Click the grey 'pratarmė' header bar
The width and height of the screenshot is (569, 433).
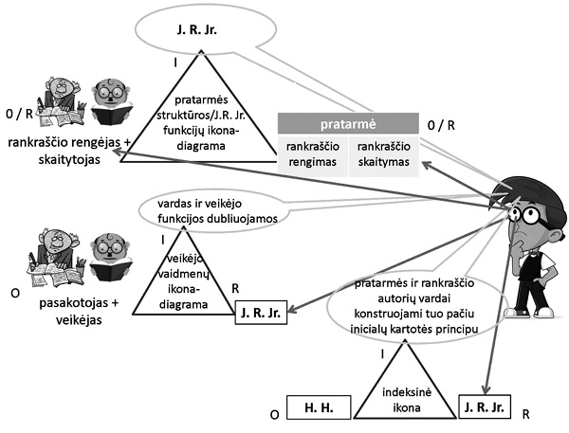347,123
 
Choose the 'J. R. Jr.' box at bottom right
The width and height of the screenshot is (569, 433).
485,407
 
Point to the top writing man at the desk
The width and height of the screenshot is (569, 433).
58,99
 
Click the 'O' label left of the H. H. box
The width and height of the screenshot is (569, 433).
273,415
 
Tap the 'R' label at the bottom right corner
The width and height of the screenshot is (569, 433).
524,415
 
